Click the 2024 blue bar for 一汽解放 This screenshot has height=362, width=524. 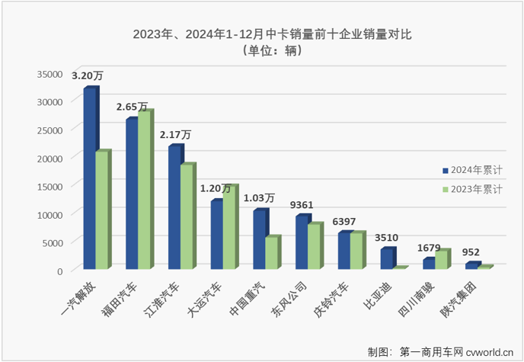[89, 179]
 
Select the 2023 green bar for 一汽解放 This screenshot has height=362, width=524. [102, 210]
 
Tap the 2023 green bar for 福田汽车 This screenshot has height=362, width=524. [144, 191]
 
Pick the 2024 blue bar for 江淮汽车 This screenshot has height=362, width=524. [174, 207]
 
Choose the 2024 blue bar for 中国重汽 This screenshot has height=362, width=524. [259, 239]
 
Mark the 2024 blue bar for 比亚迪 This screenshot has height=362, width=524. [387, 258]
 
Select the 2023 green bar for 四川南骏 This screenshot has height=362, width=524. [442, 259]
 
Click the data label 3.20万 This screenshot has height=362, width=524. [88, 76]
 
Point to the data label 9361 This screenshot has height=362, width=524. [302, 204]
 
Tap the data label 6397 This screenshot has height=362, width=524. [345, 221]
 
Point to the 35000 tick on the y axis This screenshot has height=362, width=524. [50, 73]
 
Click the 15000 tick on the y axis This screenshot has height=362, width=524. [50, 186]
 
